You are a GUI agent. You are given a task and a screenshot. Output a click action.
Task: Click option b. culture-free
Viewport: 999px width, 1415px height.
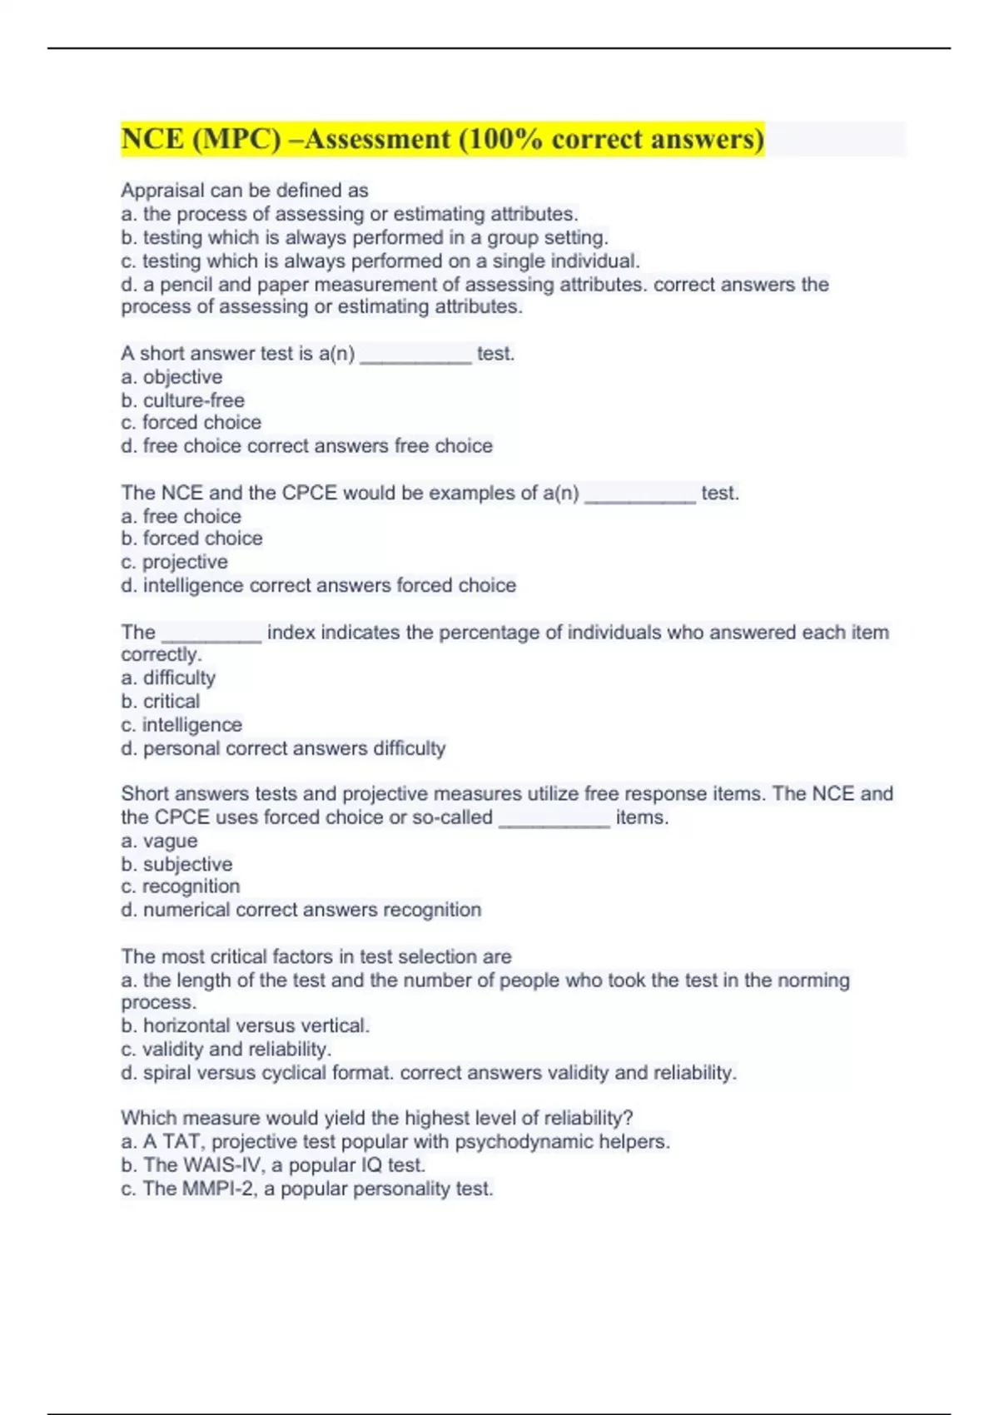click(x=182, y=400)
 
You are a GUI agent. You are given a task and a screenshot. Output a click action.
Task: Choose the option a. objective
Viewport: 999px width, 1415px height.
click(x=171, y=377)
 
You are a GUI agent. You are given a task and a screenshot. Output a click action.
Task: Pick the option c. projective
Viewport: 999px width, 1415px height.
click(x=174, y=562)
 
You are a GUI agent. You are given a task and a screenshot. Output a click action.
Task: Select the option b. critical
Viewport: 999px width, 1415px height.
click(x=161, y=701)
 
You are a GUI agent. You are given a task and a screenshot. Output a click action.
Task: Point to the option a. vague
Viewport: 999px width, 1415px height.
click(x=159, y=841)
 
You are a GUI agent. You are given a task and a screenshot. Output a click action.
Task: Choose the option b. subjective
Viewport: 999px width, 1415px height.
click(x=176, y=864)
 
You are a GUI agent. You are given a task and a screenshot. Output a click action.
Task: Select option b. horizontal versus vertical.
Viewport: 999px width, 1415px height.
click(x=245, y=1025)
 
